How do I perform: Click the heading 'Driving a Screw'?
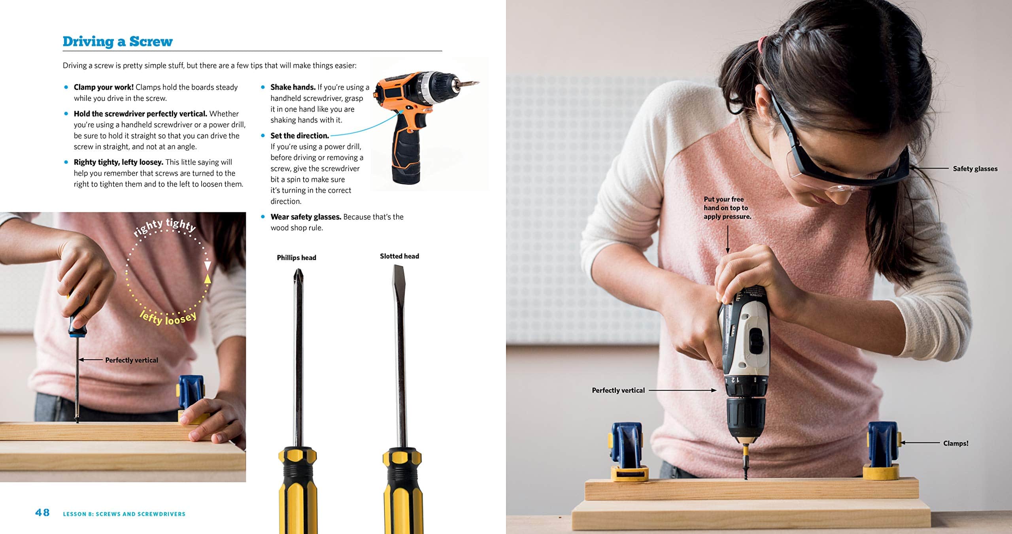coord(117,42)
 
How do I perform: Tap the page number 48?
coord(42,513)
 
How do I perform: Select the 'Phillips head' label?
coord(296,258)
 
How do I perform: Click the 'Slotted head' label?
coord(399,256)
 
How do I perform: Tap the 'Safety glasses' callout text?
coord(975,169)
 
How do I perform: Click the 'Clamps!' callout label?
coord(955,443)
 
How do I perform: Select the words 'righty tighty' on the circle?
coord(164,227)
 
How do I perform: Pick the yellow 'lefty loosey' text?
coord(168,317)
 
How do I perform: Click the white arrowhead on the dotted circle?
coord(207,265)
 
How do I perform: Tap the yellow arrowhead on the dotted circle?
coord(207,279)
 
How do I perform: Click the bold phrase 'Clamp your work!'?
coord(104,87)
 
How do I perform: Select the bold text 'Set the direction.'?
coord(300,136)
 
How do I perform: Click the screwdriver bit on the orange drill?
coord(470,83)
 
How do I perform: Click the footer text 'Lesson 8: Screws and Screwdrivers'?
coord(124,514)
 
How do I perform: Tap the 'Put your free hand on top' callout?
coord(727,208)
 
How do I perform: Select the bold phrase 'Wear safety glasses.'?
coord(306,217)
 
